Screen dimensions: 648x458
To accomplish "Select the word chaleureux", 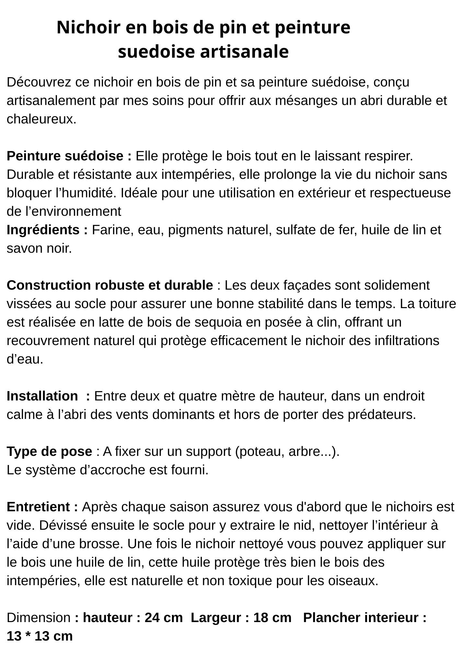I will pyautogui.click(x=41, y=119).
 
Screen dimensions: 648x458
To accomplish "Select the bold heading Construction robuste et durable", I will pyautogui.click(x=110, y=285).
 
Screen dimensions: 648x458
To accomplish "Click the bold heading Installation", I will pyautogui.click(x=42, y=396).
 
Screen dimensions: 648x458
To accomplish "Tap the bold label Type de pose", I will pyautogui.click(x=49, y=452).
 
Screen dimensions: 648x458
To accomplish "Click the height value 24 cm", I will pyautogui.click(x=163, y=618).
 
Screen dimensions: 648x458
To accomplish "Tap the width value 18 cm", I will pyautogui.click(x=272, y=618).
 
